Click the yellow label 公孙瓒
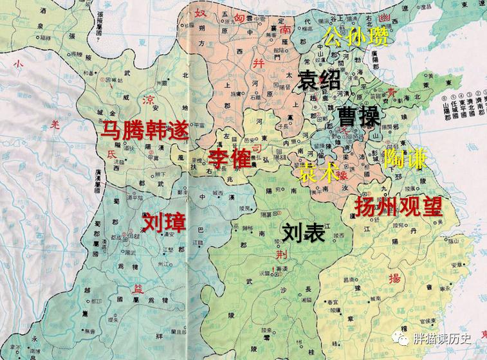(356, 37)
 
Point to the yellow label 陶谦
(404, 157)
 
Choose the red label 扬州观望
(398, 206)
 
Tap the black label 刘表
(302, 233)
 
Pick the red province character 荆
(281, 255)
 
